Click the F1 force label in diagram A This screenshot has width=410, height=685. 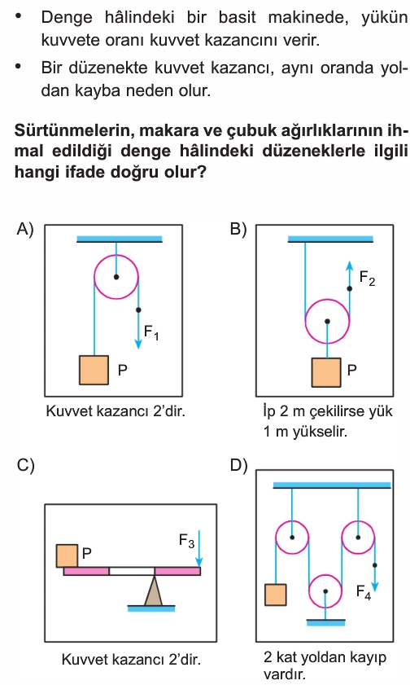pos(151,333)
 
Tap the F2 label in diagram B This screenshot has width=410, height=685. pos(367,279)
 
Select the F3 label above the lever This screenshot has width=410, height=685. pos(186,542)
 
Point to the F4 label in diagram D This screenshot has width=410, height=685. pos(364,592)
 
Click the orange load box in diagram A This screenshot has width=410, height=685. pos(94,370)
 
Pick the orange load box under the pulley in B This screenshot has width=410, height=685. pos(326,373)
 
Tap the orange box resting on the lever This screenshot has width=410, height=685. pos(68,555)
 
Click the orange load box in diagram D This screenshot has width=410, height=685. pos(276,595)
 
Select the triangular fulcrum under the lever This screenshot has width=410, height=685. pos(154,591)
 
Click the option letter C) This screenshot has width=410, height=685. pos(25,466)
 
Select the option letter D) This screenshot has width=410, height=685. pos(238,466)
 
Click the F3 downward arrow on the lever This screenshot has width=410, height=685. pos(198,548)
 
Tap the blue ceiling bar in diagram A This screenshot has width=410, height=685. pos(120,239)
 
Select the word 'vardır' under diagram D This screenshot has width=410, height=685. pos(285,674)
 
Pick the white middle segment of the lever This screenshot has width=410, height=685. pos(132,571)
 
